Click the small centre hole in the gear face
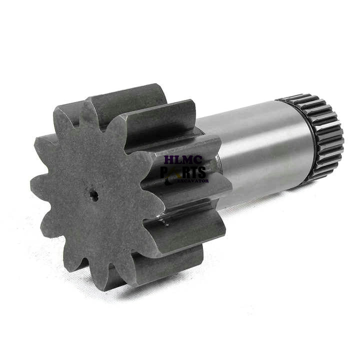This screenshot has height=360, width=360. (93, 195)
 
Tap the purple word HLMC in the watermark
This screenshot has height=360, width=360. (183, 160)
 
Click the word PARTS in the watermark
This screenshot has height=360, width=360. (183, 172)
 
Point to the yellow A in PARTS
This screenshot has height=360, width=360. (175, 172)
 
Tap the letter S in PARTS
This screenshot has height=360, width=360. (201, 172)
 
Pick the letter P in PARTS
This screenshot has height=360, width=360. (165, 172)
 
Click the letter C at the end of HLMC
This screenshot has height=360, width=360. (197, 160)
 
